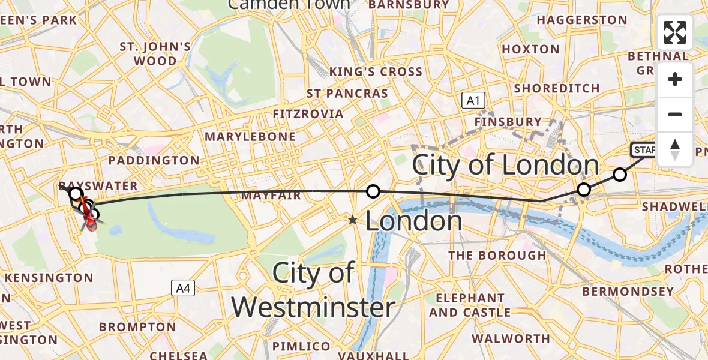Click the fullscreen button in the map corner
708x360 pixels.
click(x=675, y=32)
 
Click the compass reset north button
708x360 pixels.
click(x=675, y=149)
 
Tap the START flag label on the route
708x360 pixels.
click(x=645, y=150)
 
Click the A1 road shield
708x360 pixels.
click(x=473, y=101)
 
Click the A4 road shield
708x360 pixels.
click(x=182, y=289)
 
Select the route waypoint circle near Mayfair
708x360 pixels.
click(x=373, y=191)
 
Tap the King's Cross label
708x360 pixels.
click(x=376, y=72)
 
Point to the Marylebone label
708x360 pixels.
click(x=250, y=137)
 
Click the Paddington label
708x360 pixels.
click(x=154, y=160)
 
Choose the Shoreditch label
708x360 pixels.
click(x=557, y=88)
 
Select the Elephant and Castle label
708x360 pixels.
click(x=470, y=305)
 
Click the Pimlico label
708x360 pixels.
click(x=302, y=346)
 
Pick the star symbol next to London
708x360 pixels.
click(x=353, y=221)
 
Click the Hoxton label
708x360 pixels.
click(x=530, y=49)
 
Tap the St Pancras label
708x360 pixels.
click(x=347, y=94)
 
